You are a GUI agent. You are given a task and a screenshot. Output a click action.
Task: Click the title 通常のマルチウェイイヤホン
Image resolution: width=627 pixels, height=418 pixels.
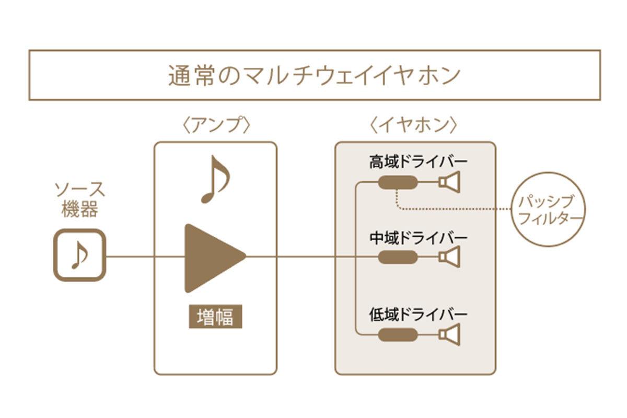point(314,75)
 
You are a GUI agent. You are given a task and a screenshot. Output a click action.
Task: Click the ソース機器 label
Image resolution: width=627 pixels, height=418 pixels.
point(79,200)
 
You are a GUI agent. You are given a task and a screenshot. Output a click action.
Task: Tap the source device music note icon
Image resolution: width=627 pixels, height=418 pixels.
point(80,256)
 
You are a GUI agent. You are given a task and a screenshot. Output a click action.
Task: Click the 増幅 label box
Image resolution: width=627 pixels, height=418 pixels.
point(215,317)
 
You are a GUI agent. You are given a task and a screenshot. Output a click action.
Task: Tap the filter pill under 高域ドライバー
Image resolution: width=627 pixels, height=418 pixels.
point(397,182)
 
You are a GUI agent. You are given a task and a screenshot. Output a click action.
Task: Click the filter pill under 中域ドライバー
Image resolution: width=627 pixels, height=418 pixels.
point(397,257)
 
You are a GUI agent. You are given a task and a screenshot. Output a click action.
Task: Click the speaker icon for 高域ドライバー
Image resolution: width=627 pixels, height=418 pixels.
point(449,182)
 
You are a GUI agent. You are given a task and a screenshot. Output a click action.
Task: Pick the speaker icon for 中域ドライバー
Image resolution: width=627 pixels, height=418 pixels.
point(449,257)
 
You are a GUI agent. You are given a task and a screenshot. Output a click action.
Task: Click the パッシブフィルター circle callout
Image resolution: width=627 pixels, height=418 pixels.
point(548,209)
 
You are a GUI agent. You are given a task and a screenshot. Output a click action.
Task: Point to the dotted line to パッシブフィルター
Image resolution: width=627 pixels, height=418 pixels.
point(455,209)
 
